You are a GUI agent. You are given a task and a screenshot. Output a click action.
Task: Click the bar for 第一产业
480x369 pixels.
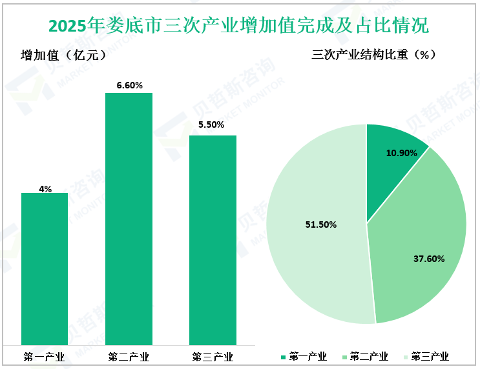click(x=45, y=268)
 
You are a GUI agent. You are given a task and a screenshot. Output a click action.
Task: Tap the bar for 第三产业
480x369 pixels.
click(x=213, y=239)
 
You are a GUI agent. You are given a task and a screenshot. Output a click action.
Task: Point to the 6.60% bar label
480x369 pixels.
click(x=129, y=85)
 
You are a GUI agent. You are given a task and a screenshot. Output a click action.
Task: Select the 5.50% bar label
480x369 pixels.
click(x=211, y=125)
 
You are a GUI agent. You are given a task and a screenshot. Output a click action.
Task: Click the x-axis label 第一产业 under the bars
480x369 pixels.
click(x=45, y=357)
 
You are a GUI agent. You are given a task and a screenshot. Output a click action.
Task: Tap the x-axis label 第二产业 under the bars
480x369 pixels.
click(x=129, y=357)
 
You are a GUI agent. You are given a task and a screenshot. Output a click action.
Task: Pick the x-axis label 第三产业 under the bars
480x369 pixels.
click(x=213, y=357)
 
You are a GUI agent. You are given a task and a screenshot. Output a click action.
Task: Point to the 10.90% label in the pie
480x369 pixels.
click(x=401, y=154)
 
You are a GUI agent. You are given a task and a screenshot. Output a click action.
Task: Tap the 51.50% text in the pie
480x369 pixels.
click(x=321, y=224)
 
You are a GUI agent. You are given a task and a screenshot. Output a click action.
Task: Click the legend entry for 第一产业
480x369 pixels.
click(x=304, y=357)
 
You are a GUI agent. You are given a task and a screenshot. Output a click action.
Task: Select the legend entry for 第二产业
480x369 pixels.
click(x=364, y=357)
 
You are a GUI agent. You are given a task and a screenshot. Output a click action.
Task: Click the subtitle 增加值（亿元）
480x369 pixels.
click(x=63, y=55)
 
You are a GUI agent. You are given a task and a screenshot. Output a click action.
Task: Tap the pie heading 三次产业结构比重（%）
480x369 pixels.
click(x=373, y=55)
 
